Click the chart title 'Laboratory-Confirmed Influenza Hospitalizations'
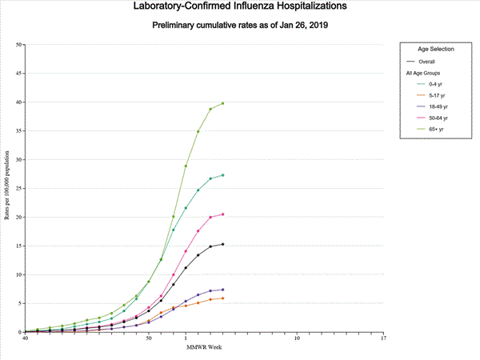coord(240,7)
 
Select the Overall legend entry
coord(429,61)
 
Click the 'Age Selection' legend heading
coord(436,50)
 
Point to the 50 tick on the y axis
coord(19,45)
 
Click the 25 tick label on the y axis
coord(19,189)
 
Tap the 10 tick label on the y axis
coord(19,274)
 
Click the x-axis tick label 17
coord(383,338)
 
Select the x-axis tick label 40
coord(26,338)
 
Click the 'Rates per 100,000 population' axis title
coord(7,189)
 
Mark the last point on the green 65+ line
coord(222,103)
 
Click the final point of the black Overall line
coord(222,244)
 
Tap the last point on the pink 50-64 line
coord(222,214)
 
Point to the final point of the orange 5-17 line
coord(222,298)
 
